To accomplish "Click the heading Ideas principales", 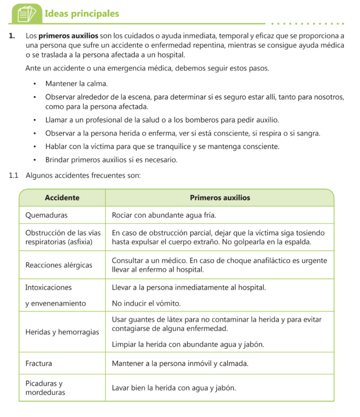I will (82, 14).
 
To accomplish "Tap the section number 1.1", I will (14, 176).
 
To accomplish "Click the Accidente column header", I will (62, 198).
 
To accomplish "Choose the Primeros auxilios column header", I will (220, 198).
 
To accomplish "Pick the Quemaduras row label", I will (46, 215).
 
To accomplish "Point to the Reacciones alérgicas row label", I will (59, 265).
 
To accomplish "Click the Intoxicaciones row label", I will (48, 288).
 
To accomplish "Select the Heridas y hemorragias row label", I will (62, 332).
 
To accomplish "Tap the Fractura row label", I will (39, 363).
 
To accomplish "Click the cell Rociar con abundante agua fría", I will (164, 215).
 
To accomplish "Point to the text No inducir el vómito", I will (146, 303).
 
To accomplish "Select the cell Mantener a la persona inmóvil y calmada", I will (180, 363).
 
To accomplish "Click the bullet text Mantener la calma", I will (76, 84).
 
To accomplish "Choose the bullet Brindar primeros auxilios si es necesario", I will (111, 160).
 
